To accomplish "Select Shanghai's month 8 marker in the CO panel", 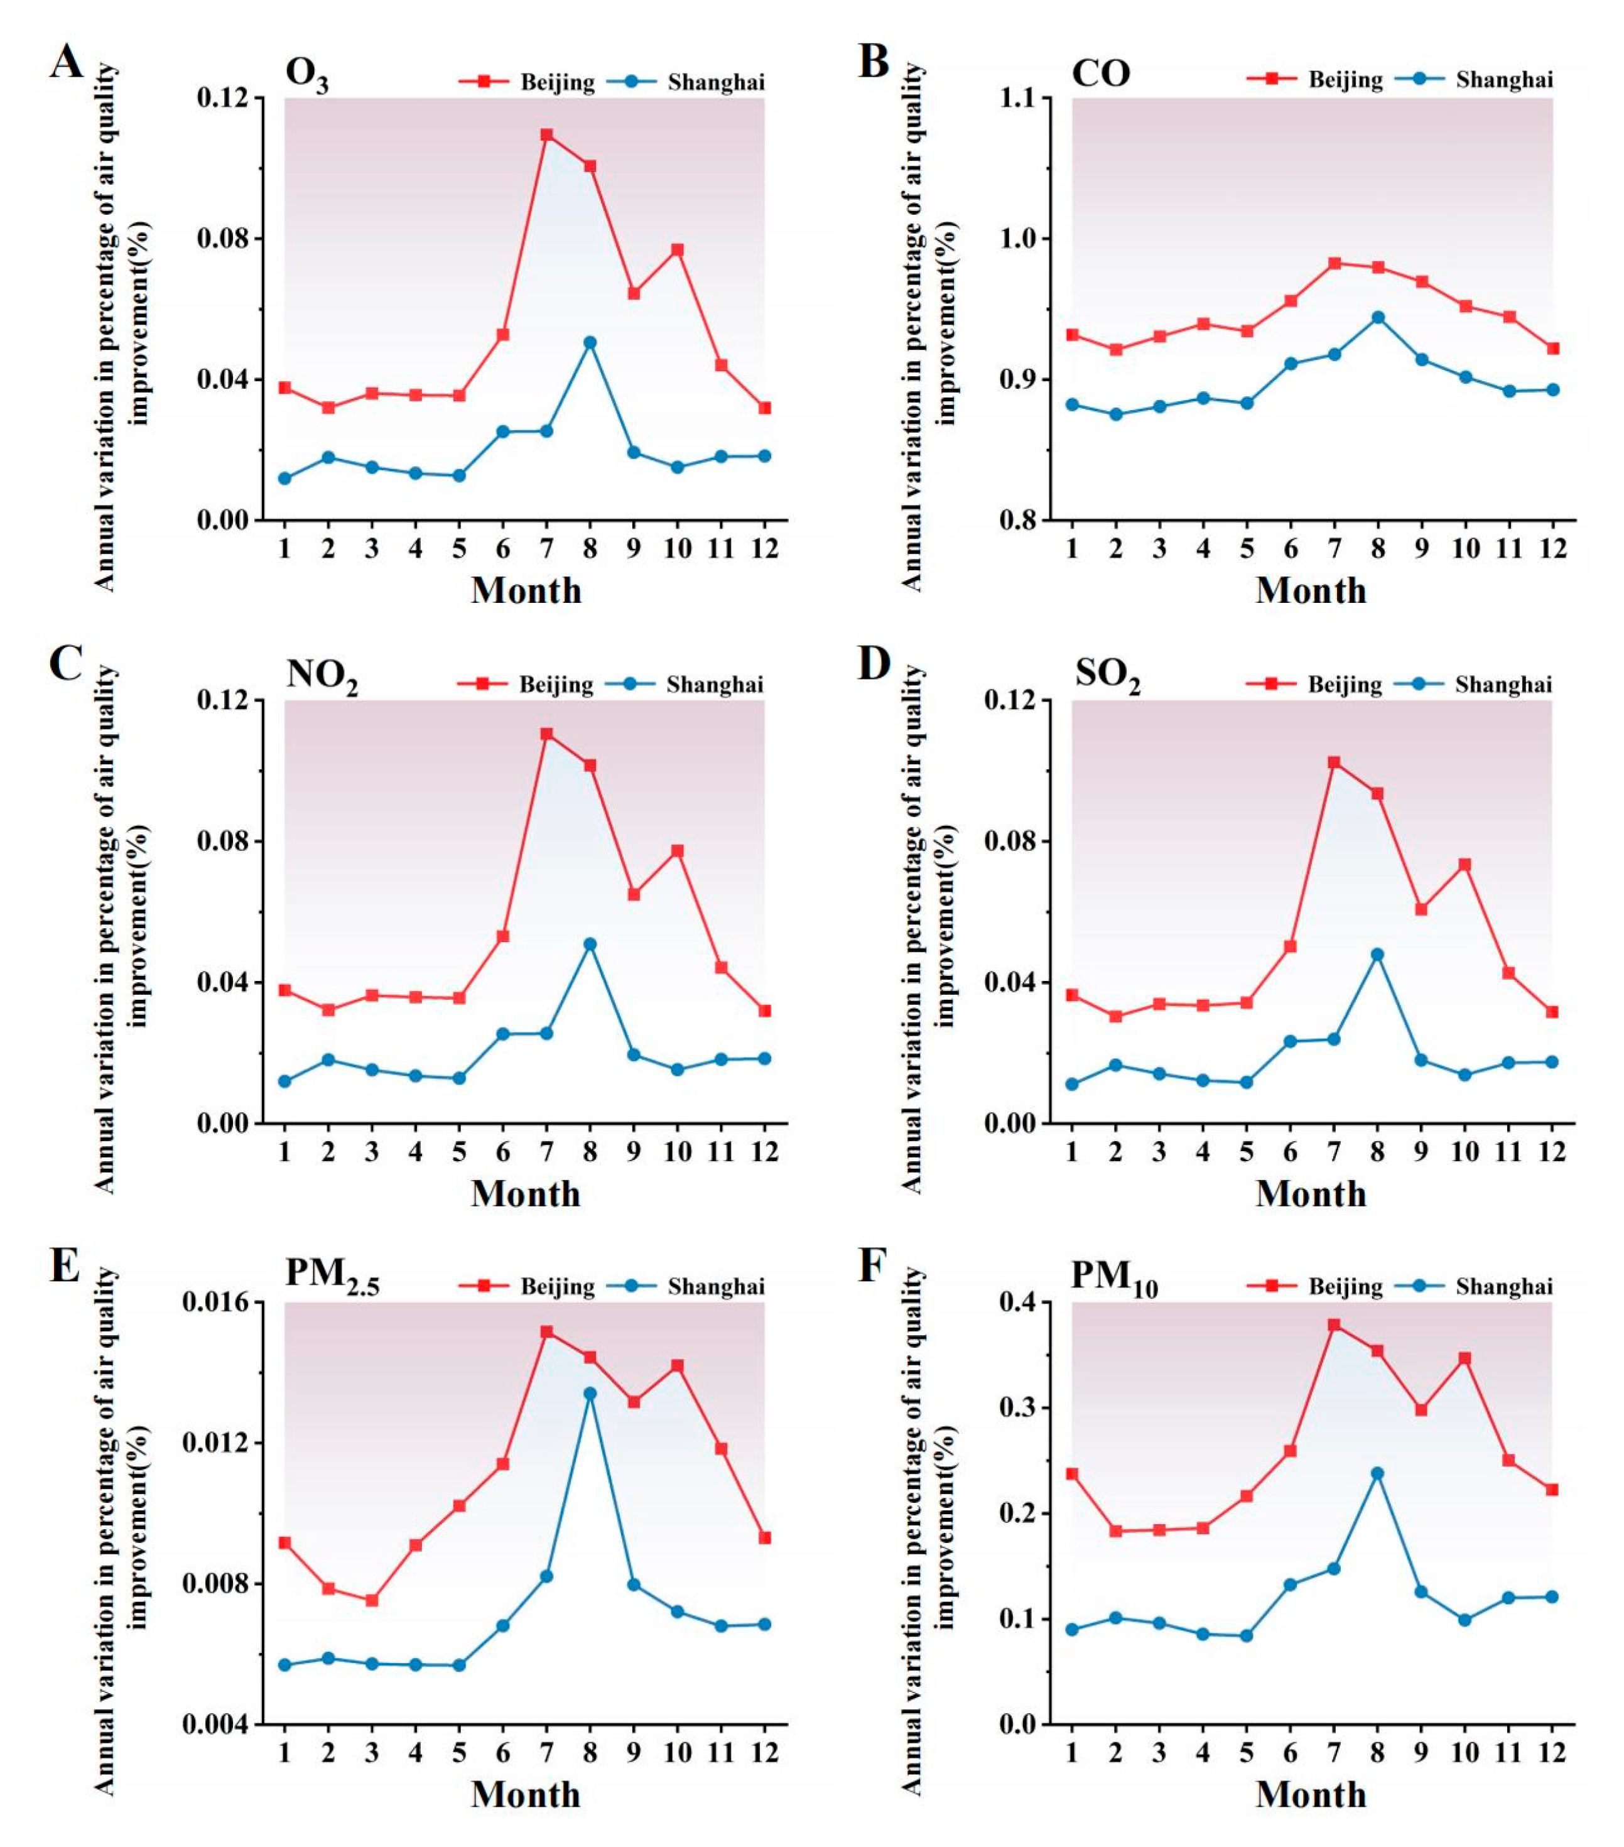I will click(x=1377, y=317).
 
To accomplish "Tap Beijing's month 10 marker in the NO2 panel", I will click(x=677, y=851).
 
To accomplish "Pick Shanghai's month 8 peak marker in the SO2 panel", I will click(x=1377, y=954).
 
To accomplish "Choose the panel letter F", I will click(x=871, y=1266).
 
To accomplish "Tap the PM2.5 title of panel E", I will click(x=332, y=1275).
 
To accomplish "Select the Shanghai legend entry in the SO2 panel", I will click(x=1503, y=685).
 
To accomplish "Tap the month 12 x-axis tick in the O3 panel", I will click(x=764, y=548).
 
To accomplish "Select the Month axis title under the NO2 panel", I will click(x=525, y=1194).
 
